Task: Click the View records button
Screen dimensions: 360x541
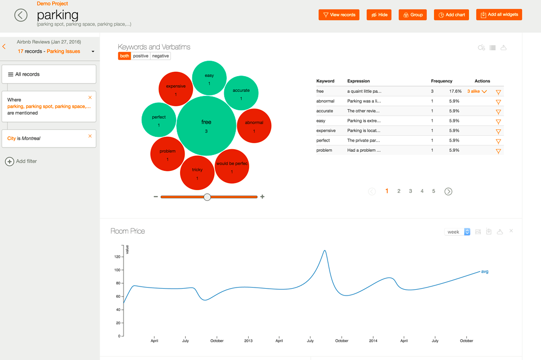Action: pyautogui.click(x=339, y=15)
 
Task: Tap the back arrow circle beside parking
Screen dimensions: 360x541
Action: pyautogui.click(x=21, y=15)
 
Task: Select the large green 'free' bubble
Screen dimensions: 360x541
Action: pyautogui.click(x=206, y=126)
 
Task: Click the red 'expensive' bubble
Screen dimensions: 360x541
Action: pyautogui.click(x=176, y=88)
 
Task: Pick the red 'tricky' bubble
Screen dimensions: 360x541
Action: pyautogui.click(x=197, y=173)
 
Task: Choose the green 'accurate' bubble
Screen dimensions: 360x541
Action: pyautogui.click(x=241, y=93)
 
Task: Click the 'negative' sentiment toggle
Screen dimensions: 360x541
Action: pyautogui.click(x=160, y=56)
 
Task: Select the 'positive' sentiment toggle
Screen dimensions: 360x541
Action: pyautogui.click(x=141, y=56)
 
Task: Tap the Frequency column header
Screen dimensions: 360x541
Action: pyautogui.click(x=441, y=81)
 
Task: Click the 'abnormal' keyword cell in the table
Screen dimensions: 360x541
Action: pyautogui.click(x=325, y=101)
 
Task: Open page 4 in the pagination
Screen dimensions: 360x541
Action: pyautogui.click(x=422, y=191)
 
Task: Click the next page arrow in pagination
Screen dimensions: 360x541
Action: pyautogui.click(x=448, y=192)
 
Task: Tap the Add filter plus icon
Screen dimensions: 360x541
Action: pyautogui.click(x=10, y=161)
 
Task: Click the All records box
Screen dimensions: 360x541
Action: pyautogui.click(x=49, y=75)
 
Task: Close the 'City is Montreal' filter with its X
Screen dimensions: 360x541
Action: pyautogui.click(x=90, y=136)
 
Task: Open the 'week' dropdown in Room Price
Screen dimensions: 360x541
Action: pyautogui.click(x=457, y=232)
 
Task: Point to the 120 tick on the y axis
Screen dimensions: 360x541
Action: pyautogui.click(x=117, y=257)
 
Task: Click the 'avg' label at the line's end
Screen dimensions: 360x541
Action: pyautogui.click(x=485, y=272)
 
